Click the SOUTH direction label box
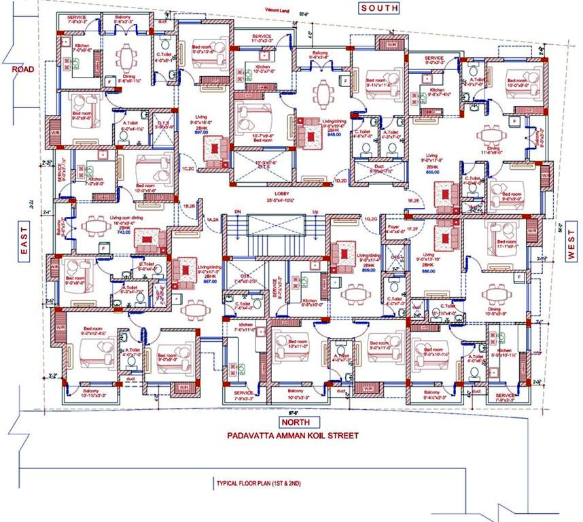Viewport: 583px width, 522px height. [379, 7]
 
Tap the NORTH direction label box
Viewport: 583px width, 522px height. [294, 421]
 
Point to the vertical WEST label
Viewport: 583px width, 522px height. [571, 245]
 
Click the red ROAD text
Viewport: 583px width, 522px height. [14, 69]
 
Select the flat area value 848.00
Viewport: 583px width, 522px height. [315, 134]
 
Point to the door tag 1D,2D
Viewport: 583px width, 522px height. [341, 181]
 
